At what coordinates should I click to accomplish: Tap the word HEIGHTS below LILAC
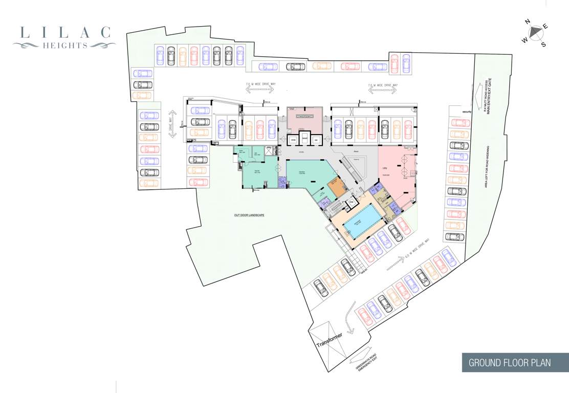[65, 45]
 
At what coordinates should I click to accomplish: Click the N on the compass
[527, 21]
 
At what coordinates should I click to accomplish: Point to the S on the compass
[543, 45]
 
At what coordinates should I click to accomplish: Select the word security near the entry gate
[466, 112]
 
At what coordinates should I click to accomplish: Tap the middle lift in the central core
[305, 139]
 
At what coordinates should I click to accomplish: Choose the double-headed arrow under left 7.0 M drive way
[259, 90]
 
